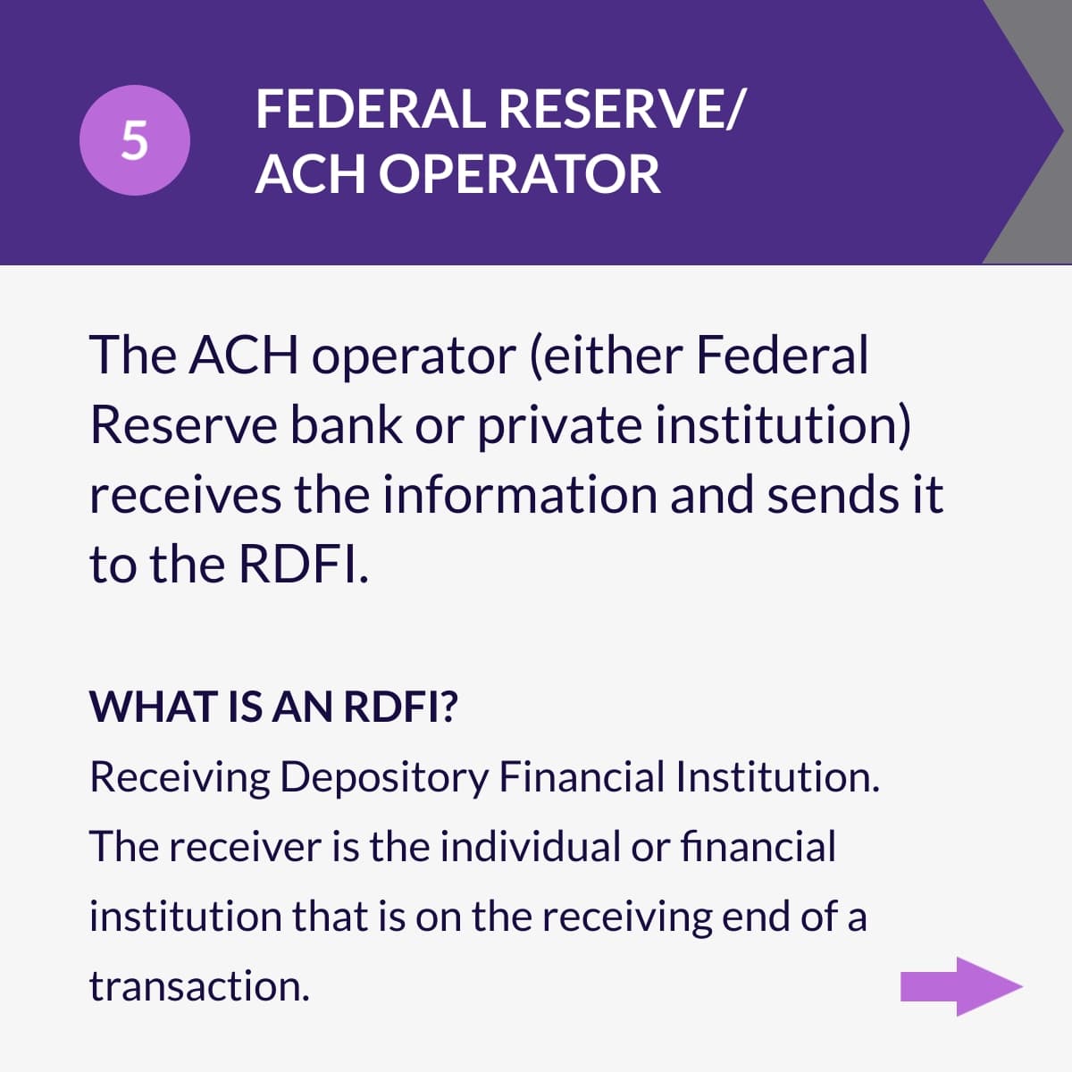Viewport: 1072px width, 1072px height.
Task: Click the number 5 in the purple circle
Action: (x=134, y=140)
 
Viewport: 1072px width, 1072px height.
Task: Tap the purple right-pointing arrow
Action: (x=960, y=986)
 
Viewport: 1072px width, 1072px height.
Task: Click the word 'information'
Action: (x=520, y=494)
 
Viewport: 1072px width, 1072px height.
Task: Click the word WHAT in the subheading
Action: (x=144, y=707)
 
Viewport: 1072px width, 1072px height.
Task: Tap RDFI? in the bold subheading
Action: (x=401, y=707)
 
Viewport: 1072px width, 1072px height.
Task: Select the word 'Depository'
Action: (x=384, y=777)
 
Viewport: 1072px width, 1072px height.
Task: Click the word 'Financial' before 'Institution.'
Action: (x=582, y=776)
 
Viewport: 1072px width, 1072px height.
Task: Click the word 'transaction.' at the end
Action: (x=199, y=986)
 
